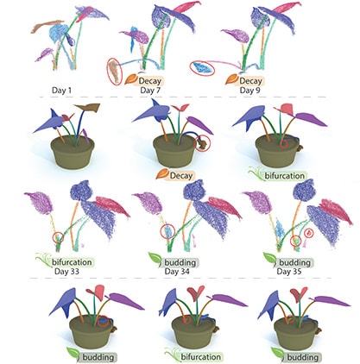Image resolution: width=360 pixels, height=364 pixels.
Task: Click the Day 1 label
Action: click(x=61, y=90)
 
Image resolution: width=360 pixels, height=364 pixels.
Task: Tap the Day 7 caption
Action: click(x=150, y=91)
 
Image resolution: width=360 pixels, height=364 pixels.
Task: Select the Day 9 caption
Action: click(x=250, y=91)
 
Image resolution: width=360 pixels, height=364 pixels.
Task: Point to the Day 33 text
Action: click(x=66, y=271)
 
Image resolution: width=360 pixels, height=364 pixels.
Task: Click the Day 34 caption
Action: click(x=177, y=271)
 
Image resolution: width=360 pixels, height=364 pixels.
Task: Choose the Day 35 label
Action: click(x=289, y=271)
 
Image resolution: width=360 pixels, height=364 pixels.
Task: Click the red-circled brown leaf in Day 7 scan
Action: click(x=115, y=72)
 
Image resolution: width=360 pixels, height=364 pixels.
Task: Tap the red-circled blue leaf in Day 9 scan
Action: click(x=202, y=68)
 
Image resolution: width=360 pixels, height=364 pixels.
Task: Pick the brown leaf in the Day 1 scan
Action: click(x=47, y=25)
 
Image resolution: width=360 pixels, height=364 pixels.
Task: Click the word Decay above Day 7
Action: click(x=149, y=81)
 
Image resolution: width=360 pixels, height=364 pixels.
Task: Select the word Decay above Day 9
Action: click(x=250, y=81)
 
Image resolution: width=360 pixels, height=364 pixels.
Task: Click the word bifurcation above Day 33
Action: click(x=72, y=262)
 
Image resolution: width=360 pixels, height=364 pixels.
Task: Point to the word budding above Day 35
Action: click(x=295, y=262)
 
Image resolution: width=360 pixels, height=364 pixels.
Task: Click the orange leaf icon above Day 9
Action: click(x=231, y=78)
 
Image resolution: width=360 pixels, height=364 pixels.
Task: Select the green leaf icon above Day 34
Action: click(x=155, y=258)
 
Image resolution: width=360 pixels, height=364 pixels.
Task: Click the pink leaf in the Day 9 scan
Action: click(x=286, y=7)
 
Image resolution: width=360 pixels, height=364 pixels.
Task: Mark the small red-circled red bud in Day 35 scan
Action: click(x=308, y=233)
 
